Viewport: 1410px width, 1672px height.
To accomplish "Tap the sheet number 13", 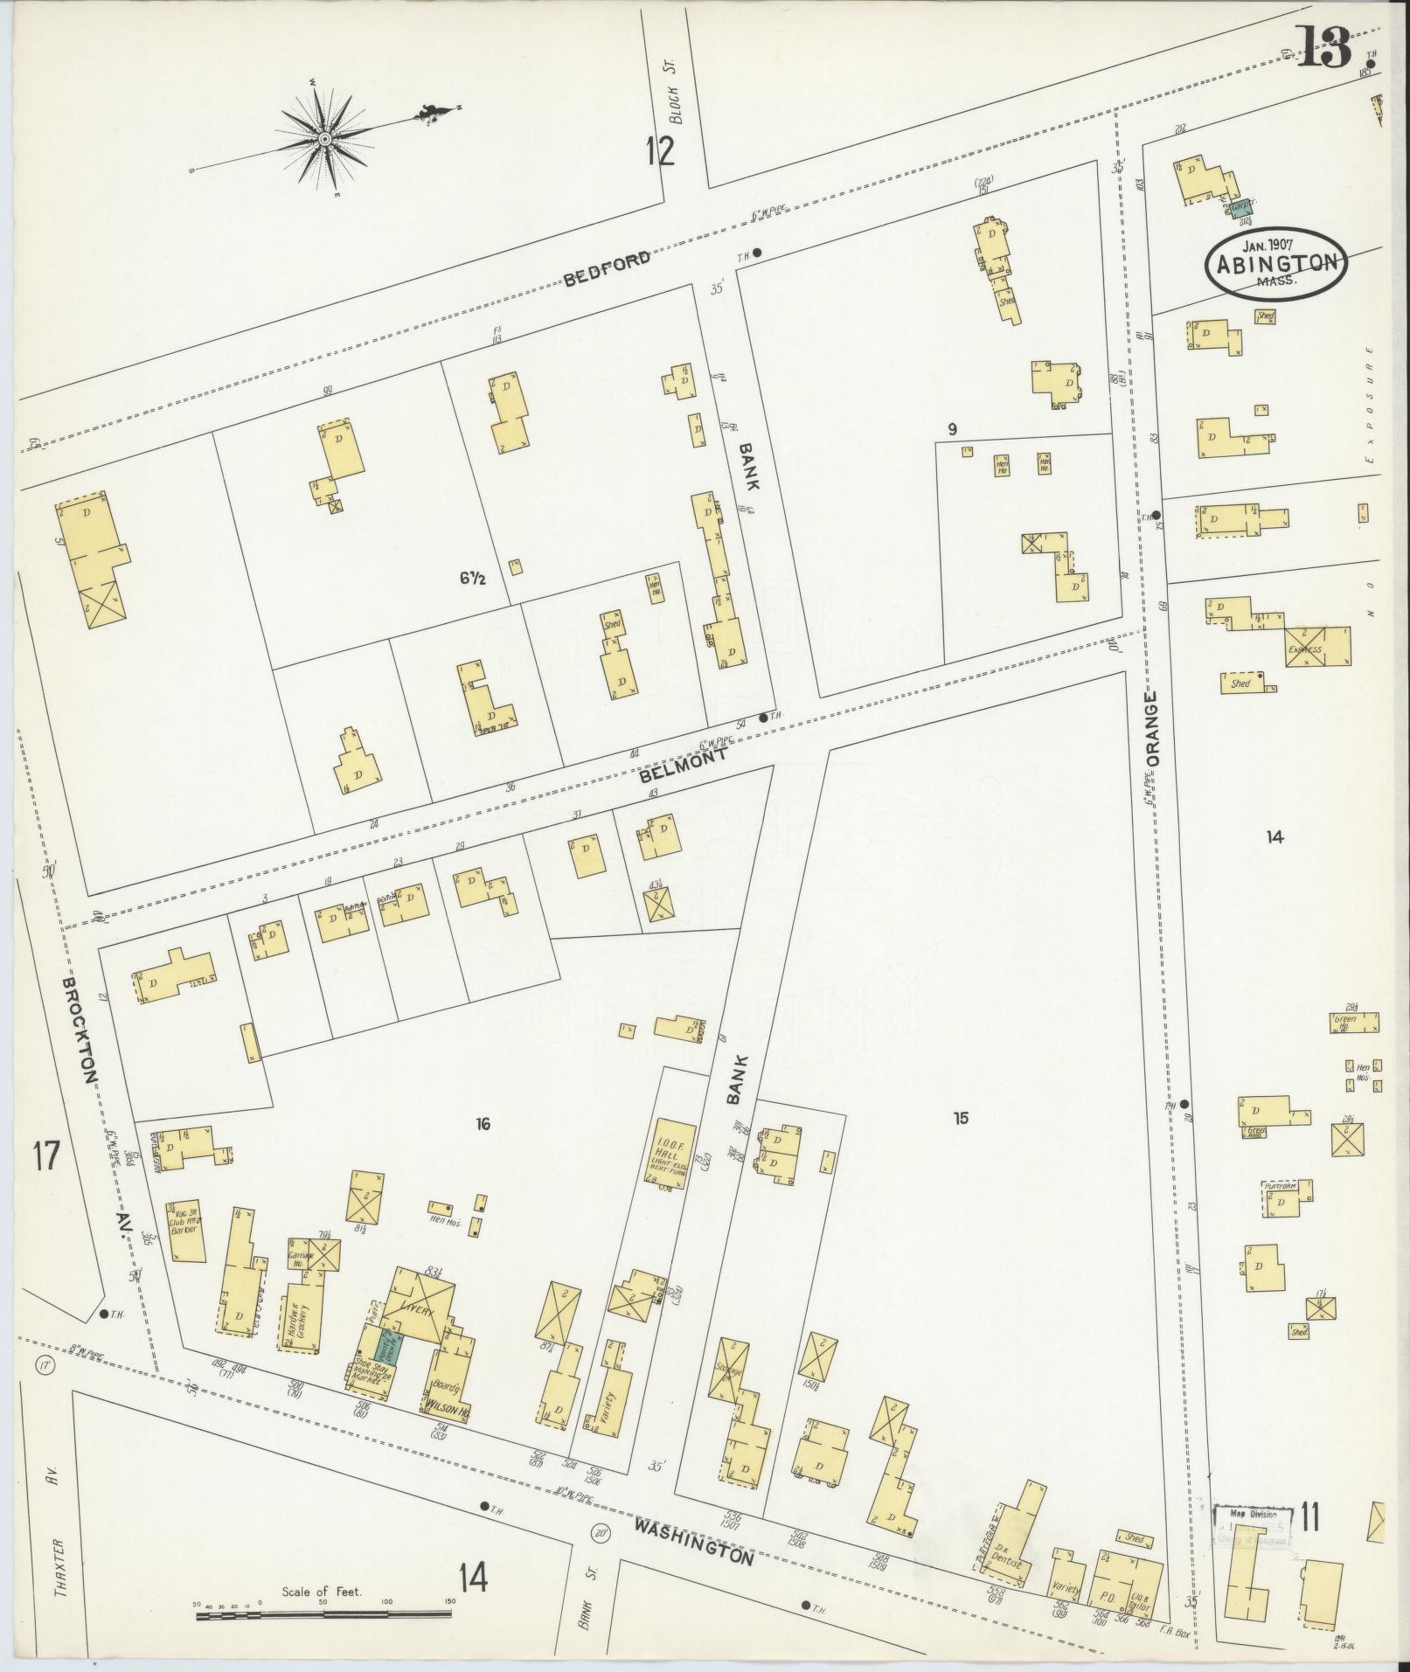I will point(1326,48).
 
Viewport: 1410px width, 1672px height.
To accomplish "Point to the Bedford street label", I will point(607,268).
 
